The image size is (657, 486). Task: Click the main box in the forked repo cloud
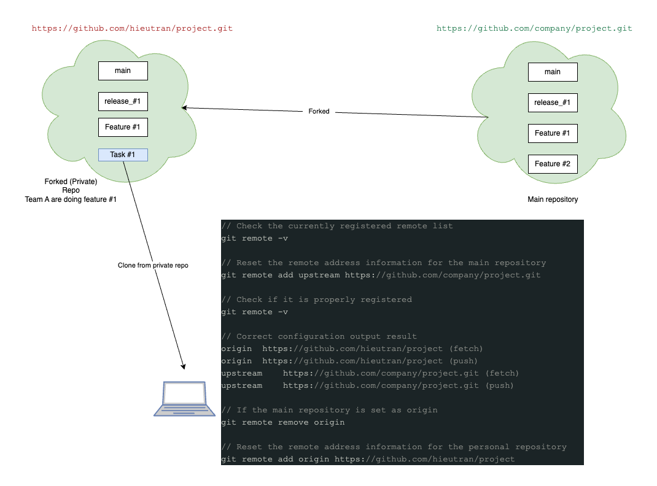123,71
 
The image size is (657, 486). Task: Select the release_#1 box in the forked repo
123,101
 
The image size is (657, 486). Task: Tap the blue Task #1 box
123,155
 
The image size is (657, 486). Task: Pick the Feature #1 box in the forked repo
123,127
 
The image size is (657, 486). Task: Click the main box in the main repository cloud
553,72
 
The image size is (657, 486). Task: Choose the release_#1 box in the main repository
553,102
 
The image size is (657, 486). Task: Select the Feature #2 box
553,164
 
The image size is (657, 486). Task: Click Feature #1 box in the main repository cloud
553,133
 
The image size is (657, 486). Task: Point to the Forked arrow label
319,112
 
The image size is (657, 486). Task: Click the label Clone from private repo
153,266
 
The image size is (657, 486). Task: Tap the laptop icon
184,399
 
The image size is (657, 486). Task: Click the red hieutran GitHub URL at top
132,28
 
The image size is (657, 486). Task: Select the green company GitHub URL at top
534,28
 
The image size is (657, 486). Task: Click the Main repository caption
553,199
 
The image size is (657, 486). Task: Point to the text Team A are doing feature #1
71,199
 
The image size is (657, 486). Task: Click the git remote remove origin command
283,422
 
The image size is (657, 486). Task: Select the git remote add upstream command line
381,275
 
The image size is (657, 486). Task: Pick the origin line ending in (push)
349,361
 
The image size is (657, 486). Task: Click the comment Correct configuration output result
319,336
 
